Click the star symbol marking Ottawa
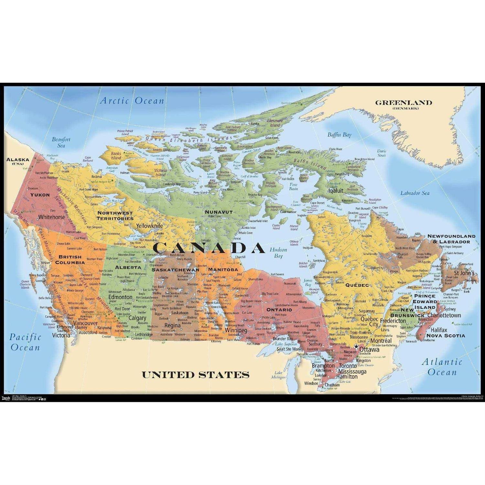click(x=356, y=346)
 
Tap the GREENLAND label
click(x=404, y=103)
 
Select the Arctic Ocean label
click(x=132, y=101)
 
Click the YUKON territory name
click(x=40, y=195)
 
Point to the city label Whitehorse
click(x=51, y=217)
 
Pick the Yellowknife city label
click(x=149, y=226)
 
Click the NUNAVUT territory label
click(x=219, y=212)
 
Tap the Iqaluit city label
click(x=336, y=190)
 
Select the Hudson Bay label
click(x=278, y=253)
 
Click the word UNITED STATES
click(x=196, y=375)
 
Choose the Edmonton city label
click(x=120, y=297)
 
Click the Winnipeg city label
click(x=236, y=330)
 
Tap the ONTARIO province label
click(x=279, y=309)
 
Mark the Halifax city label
click(x=439, y=330)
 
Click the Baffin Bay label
click(x=339, y=135)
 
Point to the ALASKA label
click(x=18, y=160)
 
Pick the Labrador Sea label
click(x=415, y=193)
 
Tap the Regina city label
click(x=172, y=325)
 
